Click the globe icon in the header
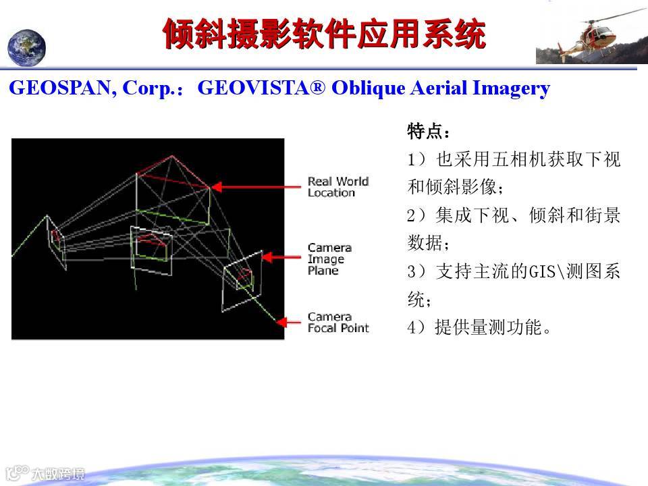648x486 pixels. pyautogui.click(x=26, y=47)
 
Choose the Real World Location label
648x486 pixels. pyautogui.click(x=338, y=187)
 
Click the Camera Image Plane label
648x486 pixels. pyautogui.click(x=329, y=259)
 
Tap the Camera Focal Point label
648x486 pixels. pyautogui.click(x=338, y=323)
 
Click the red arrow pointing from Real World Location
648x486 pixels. pyautogui.click(x=256, y=187)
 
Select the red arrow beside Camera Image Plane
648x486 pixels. pyautogui.click(x=281, y=257)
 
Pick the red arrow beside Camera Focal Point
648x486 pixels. pyautogui.click(x=288, y=322)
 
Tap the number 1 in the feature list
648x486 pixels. pyautogui.click(x=411, y=159)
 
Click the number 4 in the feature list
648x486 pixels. pyautogui.click(x=411, y=327)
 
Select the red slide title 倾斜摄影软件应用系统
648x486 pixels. pyautogui.click(x=325, y=34)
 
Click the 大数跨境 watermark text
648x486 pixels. pyautogui.click(x=58, y=474)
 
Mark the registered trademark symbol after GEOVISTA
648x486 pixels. pyautogui.click(x=318, y=87)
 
